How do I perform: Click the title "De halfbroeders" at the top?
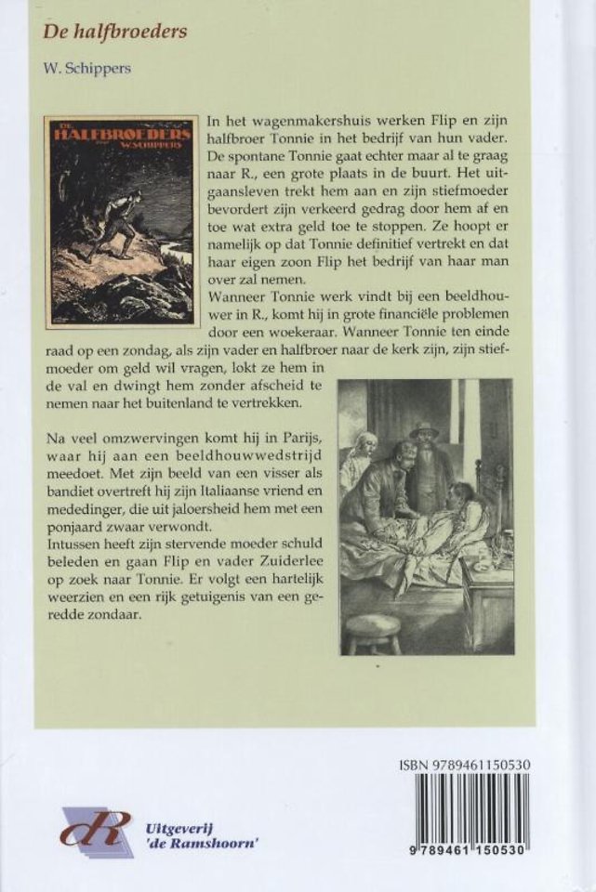[115, 33]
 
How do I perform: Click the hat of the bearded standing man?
[424, 430]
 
